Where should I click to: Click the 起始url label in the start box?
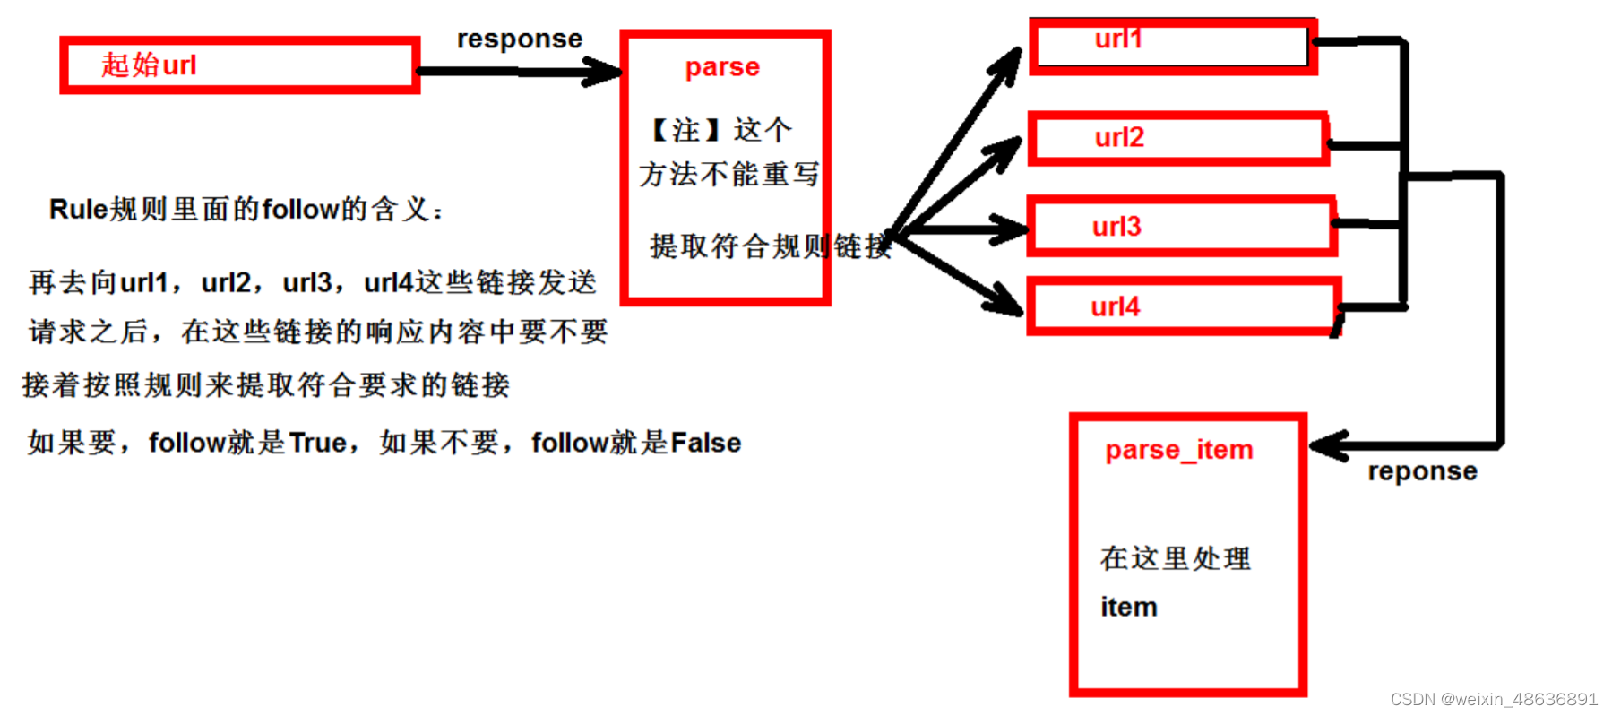pyautogui.click(x=149, y=65)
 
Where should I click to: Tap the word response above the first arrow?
pyautogui.click(x=520, y=39)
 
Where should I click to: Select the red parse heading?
pyautogui.click(x=722, y=67)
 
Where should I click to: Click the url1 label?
pyautogui.click(x=1118, y=39)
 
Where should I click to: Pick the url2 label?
pyautogui.click(x=1119, y=137)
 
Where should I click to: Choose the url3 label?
pyautogui.click(x=1116, y=226)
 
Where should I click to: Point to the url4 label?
pyautogui.click(x=1115, y=306)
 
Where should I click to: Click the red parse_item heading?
pyautogui.click(x=1178, y=449)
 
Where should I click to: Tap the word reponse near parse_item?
pyautogui.click(x=1422, y=471)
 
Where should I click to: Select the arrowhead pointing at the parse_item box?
pyautogui.click(x=1329, y=445)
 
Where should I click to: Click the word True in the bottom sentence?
pyautogui.click(x=318, y=443)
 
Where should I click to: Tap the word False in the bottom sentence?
pyautogui.click(x=705, y=443)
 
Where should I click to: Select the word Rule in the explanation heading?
pyautogui.click(x=78, y=210)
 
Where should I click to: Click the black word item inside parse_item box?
pyautogui.click(x=1129, y=608)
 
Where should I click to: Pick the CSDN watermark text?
pyautogui.click(x=1494, y=699)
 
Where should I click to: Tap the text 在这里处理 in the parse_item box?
pyautogui.click(x=1175, y=558)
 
